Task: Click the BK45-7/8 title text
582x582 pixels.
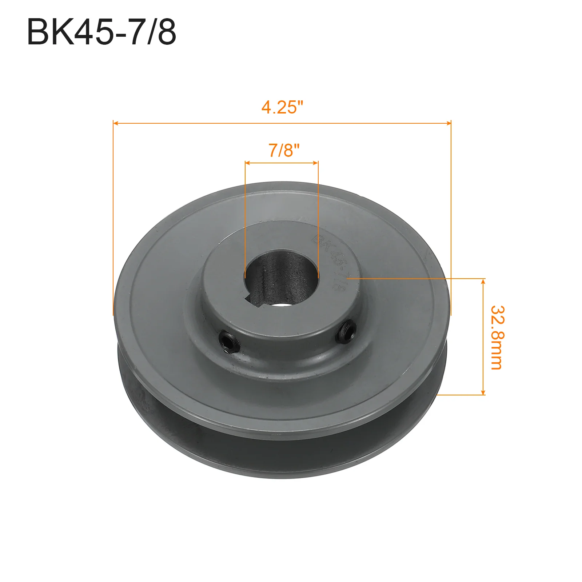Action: tap(101, 32)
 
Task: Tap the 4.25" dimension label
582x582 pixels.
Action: tap(282, 107)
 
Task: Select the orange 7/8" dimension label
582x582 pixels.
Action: tap(284, 150)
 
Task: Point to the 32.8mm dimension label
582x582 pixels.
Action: tap(497, 338)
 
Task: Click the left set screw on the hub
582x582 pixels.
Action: tap(229, 343)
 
